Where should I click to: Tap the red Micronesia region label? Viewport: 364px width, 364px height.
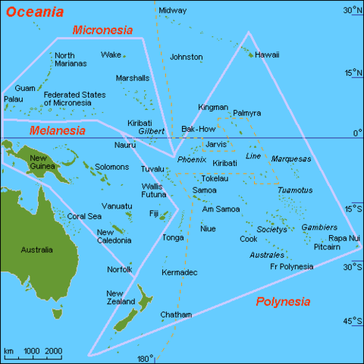[102, 30]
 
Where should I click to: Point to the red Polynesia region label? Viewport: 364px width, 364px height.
[283, 301]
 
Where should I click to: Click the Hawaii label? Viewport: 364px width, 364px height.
[266, 55]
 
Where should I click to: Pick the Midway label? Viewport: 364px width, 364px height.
[173, 10]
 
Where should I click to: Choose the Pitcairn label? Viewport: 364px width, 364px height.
[327, 247]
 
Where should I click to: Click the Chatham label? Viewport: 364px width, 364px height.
[176, 314]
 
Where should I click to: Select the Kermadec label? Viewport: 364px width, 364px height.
[180, 271]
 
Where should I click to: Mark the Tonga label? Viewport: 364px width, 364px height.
[173, 237]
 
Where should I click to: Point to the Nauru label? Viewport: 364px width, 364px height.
[125, 145]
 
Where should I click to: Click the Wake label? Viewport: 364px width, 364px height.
[111, 55]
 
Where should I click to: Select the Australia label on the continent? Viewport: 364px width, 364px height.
[36, 250]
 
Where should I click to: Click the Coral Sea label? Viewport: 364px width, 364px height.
[84, 216]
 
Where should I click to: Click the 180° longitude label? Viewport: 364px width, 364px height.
[145, 358]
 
